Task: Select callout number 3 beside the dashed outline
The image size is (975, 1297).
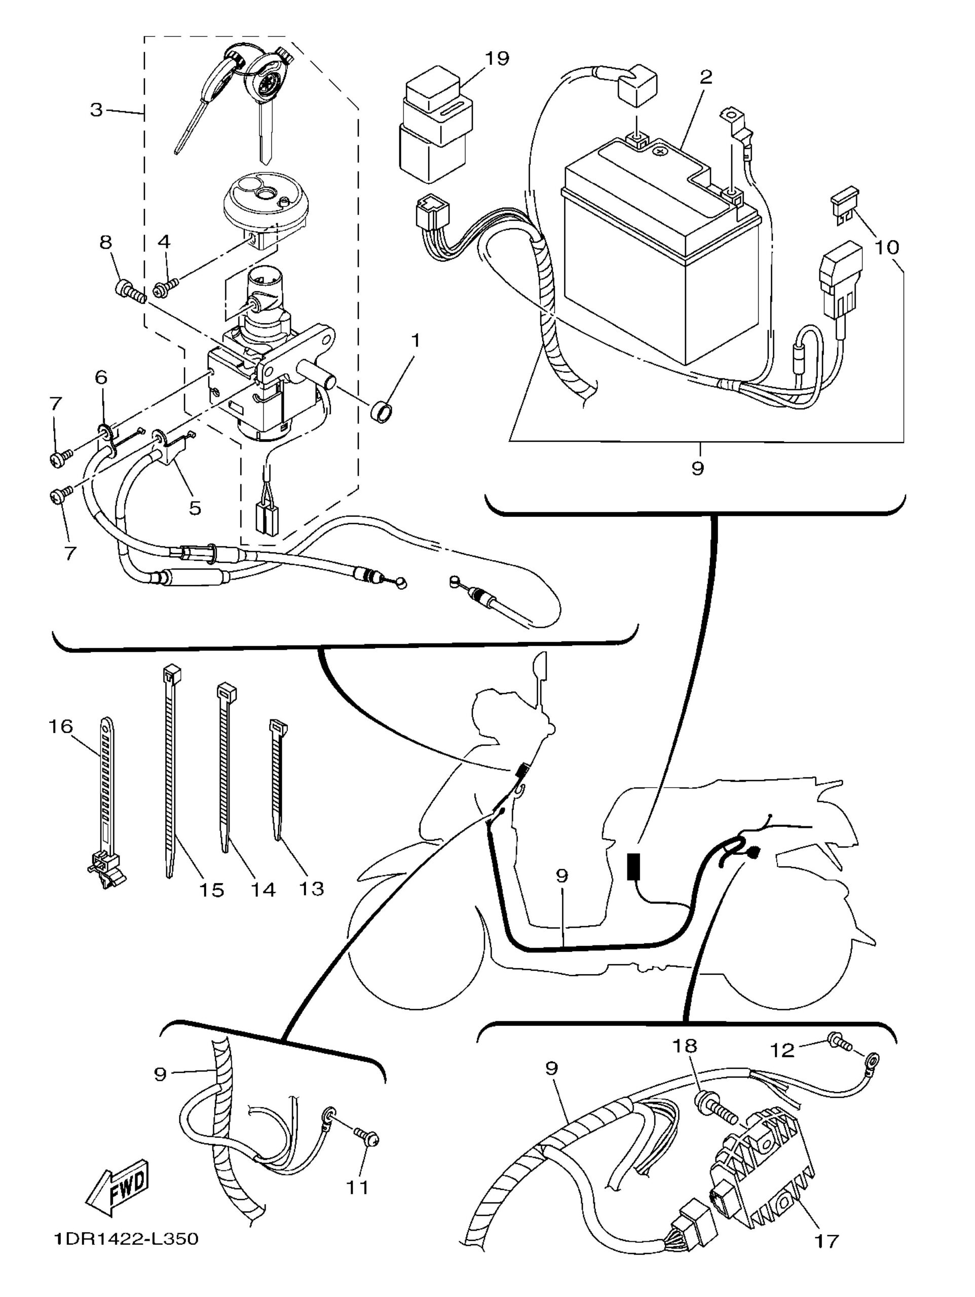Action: [96, 109]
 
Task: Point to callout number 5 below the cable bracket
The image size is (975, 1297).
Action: [195, 507]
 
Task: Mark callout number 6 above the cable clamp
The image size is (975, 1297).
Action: [101, 377]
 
